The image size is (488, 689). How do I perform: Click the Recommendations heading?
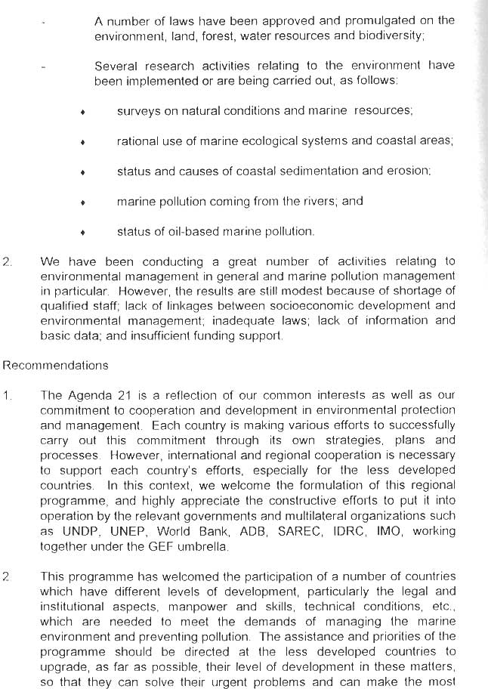click(56, 366)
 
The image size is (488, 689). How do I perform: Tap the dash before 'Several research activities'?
click(44, 66)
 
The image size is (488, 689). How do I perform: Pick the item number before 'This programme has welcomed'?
click(7, 576)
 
